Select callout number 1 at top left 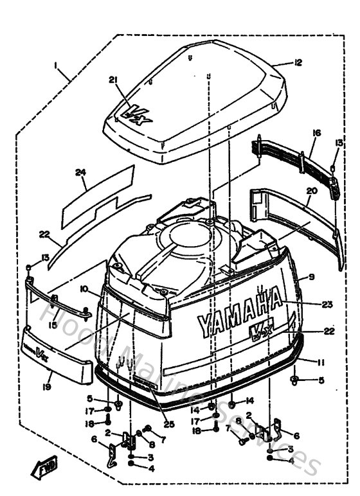(x=56, y=66)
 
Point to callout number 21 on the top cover (x=114, y=80)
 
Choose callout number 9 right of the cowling (x=310, y=277)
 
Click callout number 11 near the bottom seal (x=310, y=362)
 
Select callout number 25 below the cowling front (x=169, y=423)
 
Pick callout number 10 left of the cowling (x=84, y=290)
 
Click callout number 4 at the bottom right (x=291, y=460)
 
